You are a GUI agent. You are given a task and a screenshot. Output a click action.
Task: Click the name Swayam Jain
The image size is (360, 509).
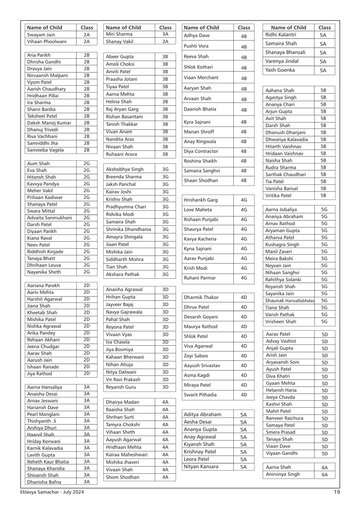(x=41, y=35)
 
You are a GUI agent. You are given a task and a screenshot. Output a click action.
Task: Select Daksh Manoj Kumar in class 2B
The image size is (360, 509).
(x=49, y=123)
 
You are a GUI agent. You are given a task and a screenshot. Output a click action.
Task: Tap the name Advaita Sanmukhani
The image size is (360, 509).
(x=49, y=218)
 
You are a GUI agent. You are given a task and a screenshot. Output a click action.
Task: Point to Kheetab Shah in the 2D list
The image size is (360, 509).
(x=42, y=313)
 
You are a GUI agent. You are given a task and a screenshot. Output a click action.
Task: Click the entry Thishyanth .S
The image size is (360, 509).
(x=41, y=421)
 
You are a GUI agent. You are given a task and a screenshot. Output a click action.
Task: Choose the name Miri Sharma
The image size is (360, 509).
(x=119, y=34)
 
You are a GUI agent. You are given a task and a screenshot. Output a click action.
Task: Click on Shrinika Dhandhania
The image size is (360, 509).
(x=129, y=229)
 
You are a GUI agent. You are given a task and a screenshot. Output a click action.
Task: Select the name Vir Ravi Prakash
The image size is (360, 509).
(x=123, y=380)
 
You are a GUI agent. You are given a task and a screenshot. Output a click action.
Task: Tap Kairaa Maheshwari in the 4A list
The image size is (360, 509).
(x=126, y=455)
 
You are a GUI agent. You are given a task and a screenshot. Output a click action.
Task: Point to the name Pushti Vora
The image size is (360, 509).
(x=196, y=46)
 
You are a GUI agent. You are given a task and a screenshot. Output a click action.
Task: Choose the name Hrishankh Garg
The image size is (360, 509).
(x=201, y=200)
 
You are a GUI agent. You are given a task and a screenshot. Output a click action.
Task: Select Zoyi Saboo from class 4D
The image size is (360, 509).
(x=196, y=356)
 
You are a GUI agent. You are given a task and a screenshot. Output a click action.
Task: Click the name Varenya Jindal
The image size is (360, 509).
(x=282, y=61)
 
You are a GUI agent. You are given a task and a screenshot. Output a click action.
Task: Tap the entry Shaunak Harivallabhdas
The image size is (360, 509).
(x=290, y=301)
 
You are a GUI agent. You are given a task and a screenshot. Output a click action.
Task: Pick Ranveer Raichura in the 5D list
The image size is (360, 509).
(x=284, y=418)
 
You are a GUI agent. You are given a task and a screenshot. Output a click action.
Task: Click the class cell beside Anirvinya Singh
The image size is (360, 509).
(x=324, y=475)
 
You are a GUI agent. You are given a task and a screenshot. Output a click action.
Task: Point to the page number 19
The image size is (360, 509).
(x=337, y=492)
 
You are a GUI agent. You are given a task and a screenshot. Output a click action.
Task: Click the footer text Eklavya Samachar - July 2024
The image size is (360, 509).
(x=52, y=492)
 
